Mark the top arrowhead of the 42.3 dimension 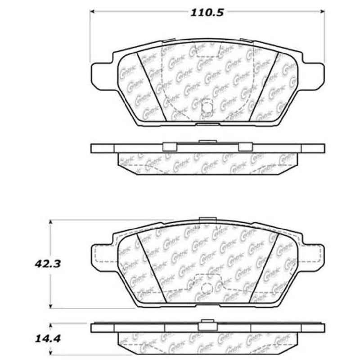coord(53,222)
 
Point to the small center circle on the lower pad coord(207,290)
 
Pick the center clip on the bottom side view coord(207,323)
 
